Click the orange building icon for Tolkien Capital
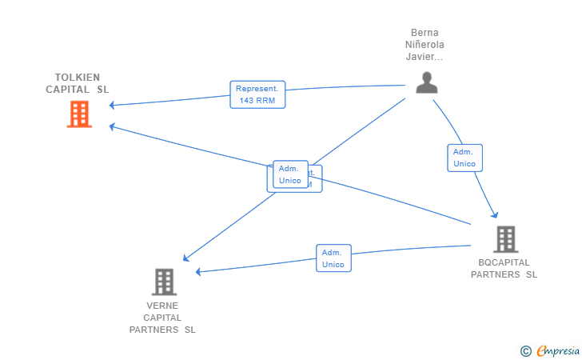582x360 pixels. click(x=78, y=114)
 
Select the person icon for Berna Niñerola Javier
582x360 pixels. click(x=426, y=82)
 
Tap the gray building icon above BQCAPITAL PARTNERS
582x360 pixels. click(x=504, y=238)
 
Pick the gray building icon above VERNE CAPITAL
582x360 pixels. click(x=163, y=282)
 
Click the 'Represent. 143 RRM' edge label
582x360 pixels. click(x=257, y=94)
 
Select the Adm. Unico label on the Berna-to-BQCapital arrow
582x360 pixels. click(x=464, y=158)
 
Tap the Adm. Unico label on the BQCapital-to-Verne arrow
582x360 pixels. click(x=333, y=258)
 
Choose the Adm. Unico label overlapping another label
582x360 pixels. click(x=289, y=174)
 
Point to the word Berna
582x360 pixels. click(x=425, y=34)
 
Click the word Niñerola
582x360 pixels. click(x=425, y=46)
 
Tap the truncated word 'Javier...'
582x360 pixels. click(x=425, y=58)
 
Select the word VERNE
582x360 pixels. click(x=162, y=306)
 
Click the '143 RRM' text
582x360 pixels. click(x=257, y=101)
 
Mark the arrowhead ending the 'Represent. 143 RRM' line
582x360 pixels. click(x=114, y=105)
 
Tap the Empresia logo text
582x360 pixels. click(x=557, y=350)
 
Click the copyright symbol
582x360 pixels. click(x=525, y=350)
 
